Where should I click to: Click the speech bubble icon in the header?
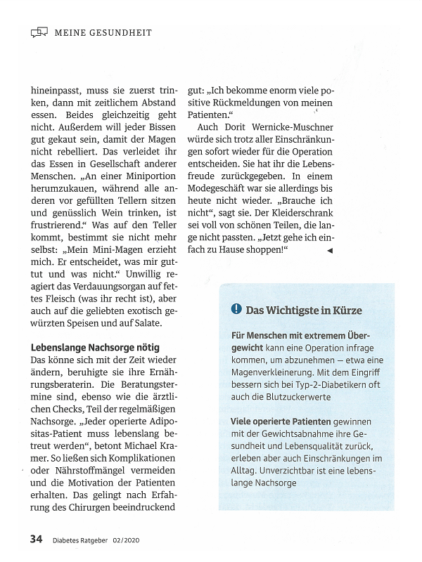39,32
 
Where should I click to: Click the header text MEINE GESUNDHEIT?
103,32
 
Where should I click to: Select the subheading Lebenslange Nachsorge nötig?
95,347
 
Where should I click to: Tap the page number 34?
37,539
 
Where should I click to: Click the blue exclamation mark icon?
236,310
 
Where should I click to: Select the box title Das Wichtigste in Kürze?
304,310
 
